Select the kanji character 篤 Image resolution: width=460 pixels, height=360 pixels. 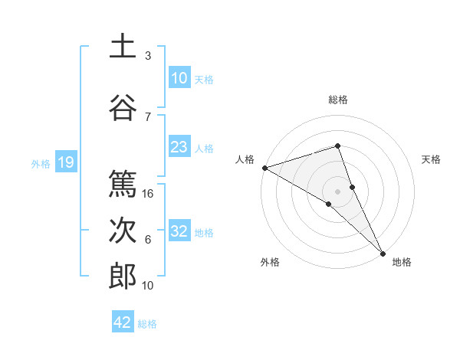pyautogui.click(x=123, y=185)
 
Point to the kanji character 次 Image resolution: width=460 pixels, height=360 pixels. pyautogui.click(x=123, y=231)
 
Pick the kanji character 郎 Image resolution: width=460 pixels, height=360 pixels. pyautogui.click(x=123, y=277)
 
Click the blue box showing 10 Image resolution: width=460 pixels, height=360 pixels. pyautogui.click(x=179, y=78)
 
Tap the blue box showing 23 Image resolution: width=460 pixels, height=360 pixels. pyautogui.click(x=179, y=147)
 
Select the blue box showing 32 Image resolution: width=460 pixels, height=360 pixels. pyautogui.click(x=179, y=231)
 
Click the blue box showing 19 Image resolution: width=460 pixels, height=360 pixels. pyautogui.click(x=65, y=162)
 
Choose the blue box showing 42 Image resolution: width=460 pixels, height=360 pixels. pyautogui.click(x=123, y=322)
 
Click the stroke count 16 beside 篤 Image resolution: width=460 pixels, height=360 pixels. pyautogui.click(x=148, y=194)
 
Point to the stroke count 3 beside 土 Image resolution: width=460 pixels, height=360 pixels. pyautogui.click(x=148, y=56)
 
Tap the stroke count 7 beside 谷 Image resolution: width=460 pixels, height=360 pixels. pyautogui.click(x=148, y=116)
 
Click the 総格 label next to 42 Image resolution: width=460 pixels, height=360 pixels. pyautogui.click(x=147, y=324)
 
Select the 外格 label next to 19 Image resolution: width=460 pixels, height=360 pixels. pyautogui.click(x=40, y=163)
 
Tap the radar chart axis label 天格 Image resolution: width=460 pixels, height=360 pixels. pyautogui.click(x=431, y=159)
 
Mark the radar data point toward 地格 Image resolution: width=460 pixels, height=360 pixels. pyautogui.click(x=383, y=252)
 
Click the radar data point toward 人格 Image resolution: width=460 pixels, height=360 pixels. pyautogui.click(x=264, y=167)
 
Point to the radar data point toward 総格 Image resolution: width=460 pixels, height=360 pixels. pyautogui.click(x=338, y=146)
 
